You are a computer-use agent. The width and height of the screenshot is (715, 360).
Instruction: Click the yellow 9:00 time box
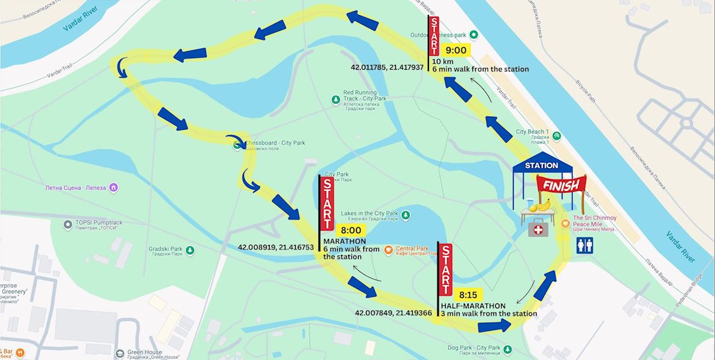click(456, 50)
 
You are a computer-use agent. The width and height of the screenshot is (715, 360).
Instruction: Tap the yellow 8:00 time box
click(351, 230)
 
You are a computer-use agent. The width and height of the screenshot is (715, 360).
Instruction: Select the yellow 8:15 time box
click(468, 294)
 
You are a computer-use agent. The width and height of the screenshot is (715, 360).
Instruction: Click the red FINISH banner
click(561, 185)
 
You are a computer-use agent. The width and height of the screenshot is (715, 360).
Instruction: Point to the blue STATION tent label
click(541, 165)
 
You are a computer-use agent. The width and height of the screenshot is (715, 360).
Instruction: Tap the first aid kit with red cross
click(537, 228)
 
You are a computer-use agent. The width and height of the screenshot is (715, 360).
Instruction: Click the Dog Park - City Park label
click(474, 348)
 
